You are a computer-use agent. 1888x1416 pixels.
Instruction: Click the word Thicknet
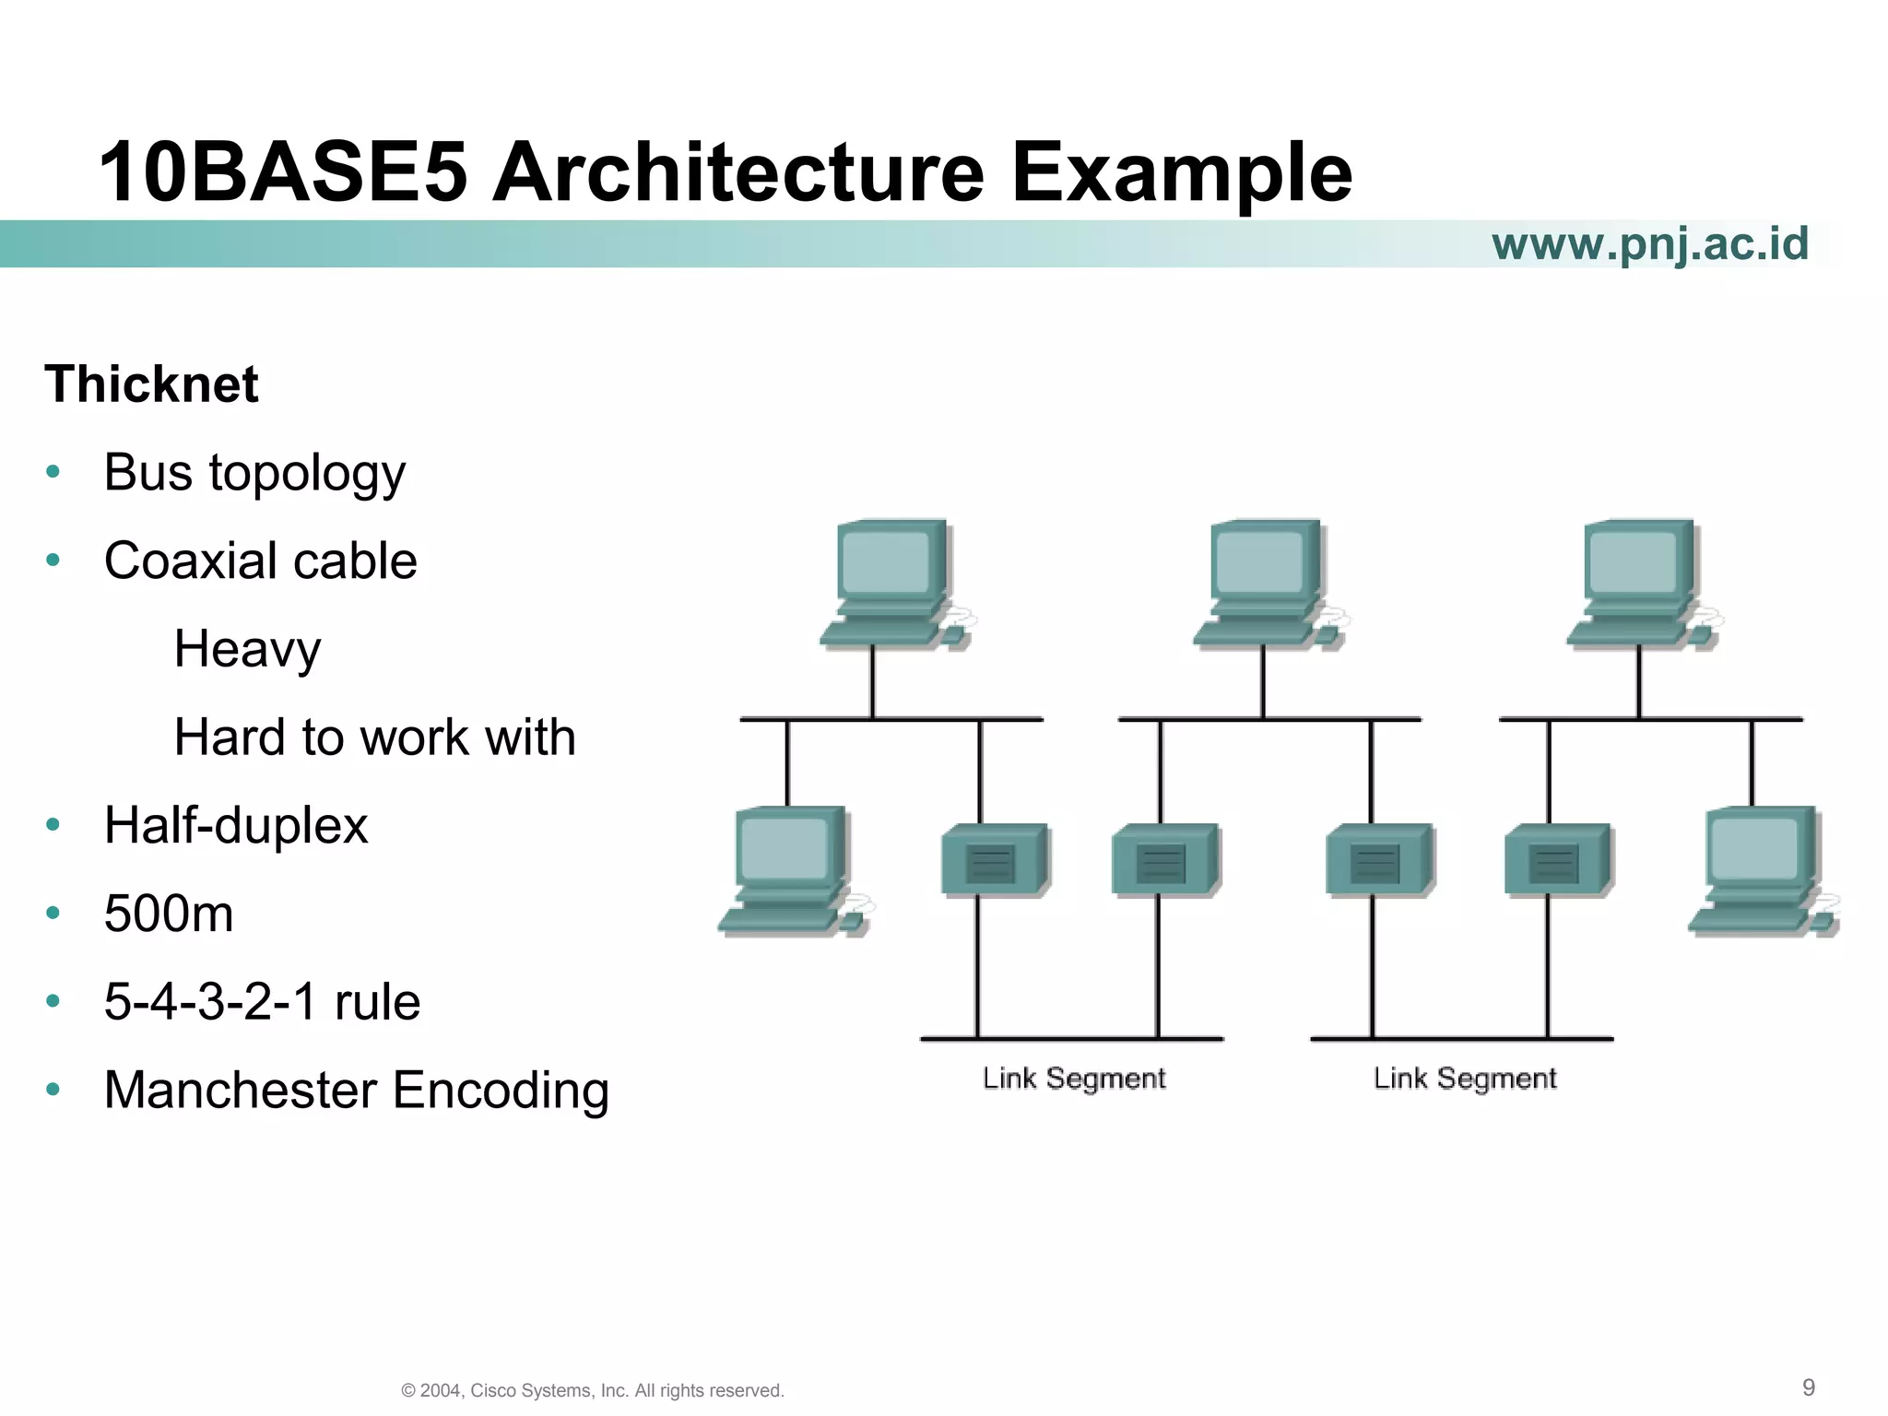coord(151,384)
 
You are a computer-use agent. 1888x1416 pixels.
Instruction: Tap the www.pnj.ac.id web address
coord(1649,243)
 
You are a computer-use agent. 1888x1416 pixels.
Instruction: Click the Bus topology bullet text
coord(254,473)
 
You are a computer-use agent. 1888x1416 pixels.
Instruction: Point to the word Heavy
coord(247,649)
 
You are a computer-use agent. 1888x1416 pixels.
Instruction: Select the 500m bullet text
coord(169,914)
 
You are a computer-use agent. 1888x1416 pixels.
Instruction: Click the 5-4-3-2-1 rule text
coord(262,1001)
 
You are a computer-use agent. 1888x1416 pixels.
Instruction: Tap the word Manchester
coord(241,1090)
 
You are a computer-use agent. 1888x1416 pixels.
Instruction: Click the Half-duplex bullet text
coord(236,825)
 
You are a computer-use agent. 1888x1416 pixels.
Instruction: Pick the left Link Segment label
coord(1074,1078)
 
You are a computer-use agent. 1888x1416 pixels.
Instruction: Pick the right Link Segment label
coord(1465,1078)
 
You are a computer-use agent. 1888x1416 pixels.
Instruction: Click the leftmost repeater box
coord(994,860)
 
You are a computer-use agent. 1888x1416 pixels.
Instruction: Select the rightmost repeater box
coord(1557,860)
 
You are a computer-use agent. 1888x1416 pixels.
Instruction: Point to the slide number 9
coord(1808,1387)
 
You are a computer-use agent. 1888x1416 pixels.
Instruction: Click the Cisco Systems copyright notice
coord(593,1390)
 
